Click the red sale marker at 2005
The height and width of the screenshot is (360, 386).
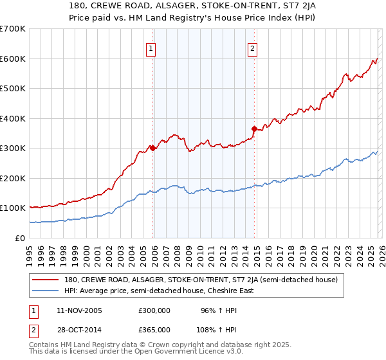tap(153, 148)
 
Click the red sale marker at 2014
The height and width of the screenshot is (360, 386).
tap(254, 129)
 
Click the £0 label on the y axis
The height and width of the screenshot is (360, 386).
tap(21, 238)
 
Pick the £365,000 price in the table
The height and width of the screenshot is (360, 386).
tap(154, 329)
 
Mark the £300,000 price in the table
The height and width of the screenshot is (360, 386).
tap(154, 310)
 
